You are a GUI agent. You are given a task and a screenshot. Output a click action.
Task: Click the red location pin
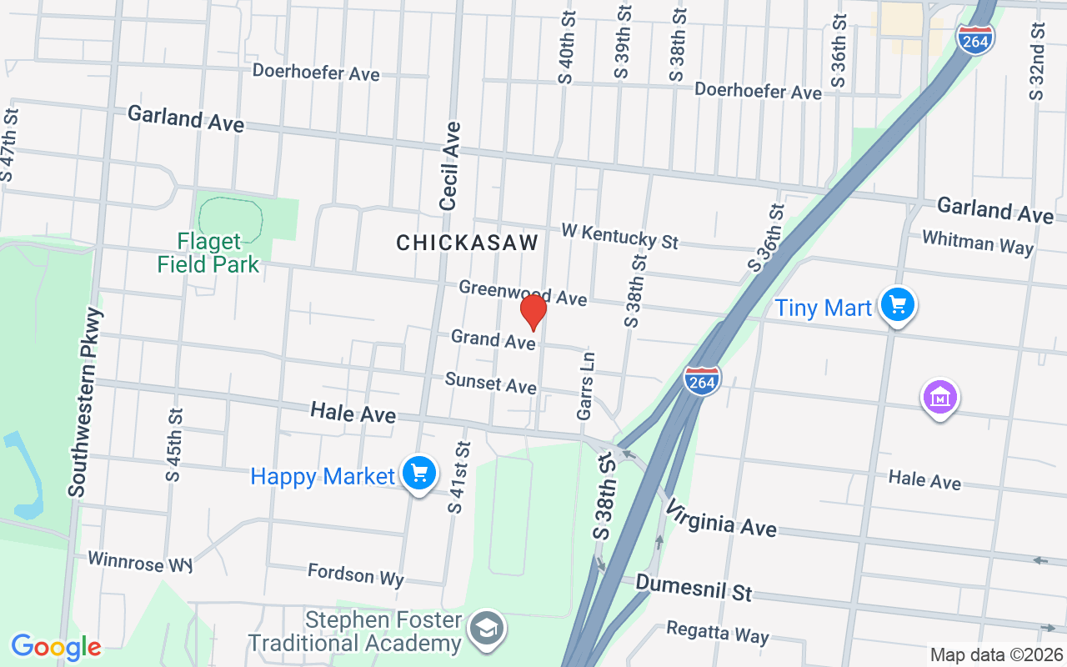(x=533, y=312)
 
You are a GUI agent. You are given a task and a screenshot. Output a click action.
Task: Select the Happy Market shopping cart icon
(x=418, y=474)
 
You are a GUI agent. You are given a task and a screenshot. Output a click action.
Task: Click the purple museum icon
(x=939, y=398)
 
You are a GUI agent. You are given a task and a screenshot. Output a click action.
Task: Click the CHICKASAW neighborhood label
(x=467, y=243)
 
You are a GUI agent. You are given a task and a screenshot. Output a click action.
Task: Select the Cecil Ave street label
(x=450, y=166)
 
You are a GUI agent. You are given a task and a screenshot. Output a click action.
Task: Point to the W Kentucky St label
(x=619, y=235)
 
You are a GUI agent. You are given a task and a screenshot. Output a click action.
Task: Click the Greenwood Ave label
(x=523, y=293)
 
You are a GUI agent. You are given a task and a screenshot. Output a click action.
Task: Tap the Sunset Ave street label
(x=490, y=383)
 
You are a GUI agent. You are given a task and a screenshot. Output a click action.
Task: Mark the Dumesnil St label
(x=694, y=587)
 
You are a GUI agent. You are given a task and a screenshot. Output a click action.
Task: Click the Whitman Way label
(x=977, y=243)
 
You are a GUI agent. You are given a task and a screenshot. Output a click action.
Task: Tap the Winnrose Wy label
(x=139, y=562)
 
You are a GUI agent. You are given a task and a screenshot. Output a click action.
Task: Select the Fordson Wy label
(x=355, y=574)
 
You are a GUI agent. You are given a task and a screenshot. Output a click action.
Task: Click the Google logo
(x=56, y=647)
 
